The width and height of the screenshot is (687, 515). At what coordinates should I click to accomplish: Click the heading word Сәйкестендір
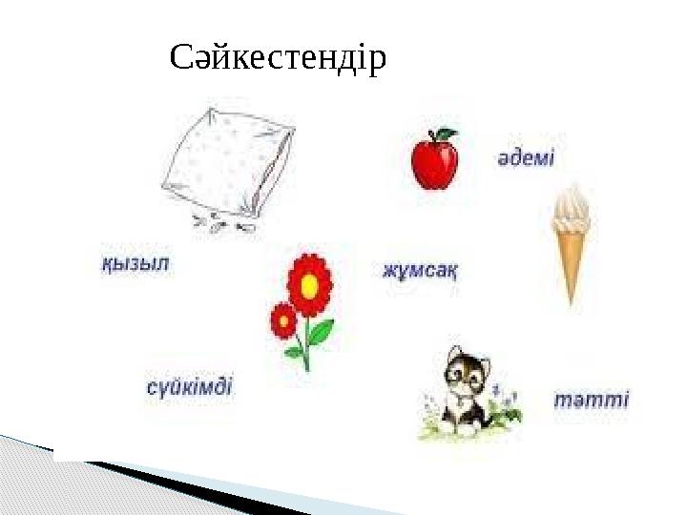point(278,59)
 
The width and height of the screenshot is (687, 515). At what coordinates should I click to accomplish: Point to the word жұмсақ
point(420,270)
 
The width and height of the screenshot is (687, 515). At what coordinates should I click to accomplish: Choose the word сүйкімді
point(189,388)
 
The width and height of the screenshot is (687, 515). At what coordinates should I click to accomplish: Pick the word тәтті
point(592,399)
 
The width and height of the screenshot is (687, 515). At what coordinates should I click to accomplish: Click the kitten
point(464,391)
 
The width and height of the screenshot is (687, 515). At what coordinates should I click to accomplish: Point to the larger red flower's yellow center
point(309,284)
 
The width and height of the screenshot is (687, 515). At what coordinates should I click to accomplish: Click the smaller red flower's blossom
point(283,320)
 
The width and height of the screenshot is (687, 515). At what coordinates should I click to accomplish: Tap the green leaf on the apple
point(446,134)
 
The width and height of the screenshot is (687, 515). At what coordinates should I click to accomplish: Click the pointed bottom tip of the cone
point(572,299)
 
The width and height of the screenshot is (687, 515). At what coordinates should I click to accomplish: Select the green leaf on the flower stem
point(321,332)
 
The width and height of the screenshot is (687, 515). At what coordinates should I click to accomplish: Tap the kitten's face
point(466,376)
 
